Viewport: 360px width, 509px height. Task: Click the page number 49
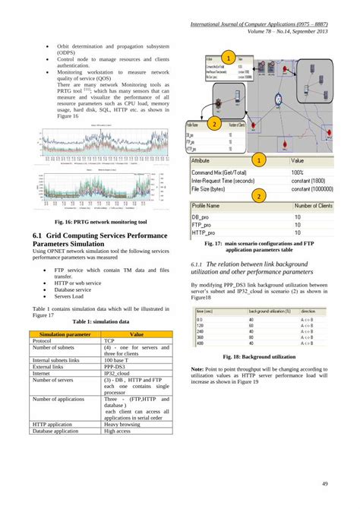[324, 484]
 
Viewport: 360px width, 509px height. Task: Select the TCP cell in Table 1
[111, 342]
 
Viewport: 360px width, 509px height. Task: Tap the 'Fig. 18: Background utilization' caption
[258, 356]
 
